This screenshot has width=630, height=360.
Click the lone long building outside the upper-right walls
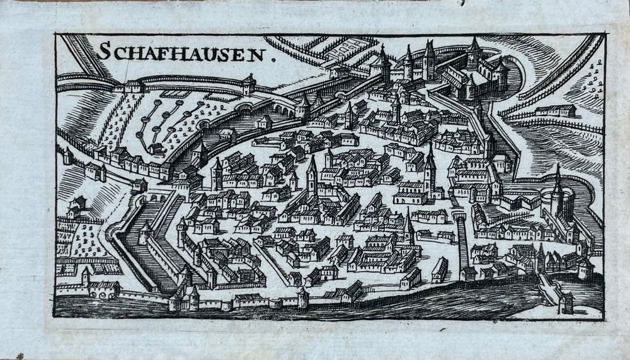pos(555,111)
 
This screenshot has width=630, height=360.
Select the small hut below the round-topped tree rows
pos(155,148)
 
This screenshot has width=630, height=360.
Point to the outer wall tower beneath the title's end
pos(249,83)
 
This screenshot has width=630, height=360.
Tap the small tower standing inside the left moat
pos(144,231)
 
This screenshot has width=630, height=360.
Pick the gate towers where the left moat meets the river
pos(183,296)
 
